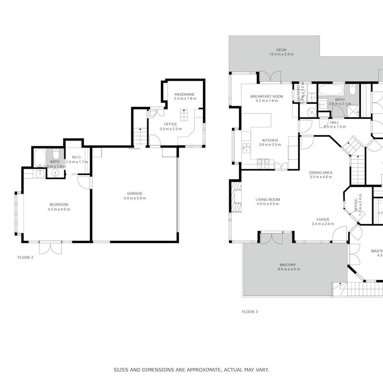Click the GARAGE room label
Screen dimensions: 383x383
pos(135,193)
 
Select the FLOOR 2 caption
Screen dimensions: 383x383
pos(25,257)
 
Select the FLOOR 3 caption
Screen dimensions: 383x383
pos(250,312)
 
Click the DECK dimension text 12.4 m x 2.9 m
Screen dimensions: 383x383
pos(281,55)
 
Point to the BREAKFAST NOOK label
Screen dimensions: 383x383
pos(266,96)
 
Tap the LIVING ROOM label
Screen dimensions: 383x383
pos(268,199)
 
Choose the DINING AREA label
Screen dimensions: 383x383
pos(321,172)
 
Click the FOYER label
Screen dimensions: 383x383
pos(322,219)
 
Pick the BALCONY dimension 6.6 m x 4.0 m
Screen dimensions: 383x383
pos(287,270)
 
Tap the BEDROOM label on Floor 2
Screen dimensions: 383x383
pos(59,204)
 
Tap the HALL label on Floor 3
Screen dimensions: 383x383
pos(335,122)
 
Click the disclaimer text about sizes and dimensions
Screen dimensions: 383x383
pos(191,369)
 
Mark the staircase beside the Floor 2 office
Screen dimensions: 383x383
pos(140,133)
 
